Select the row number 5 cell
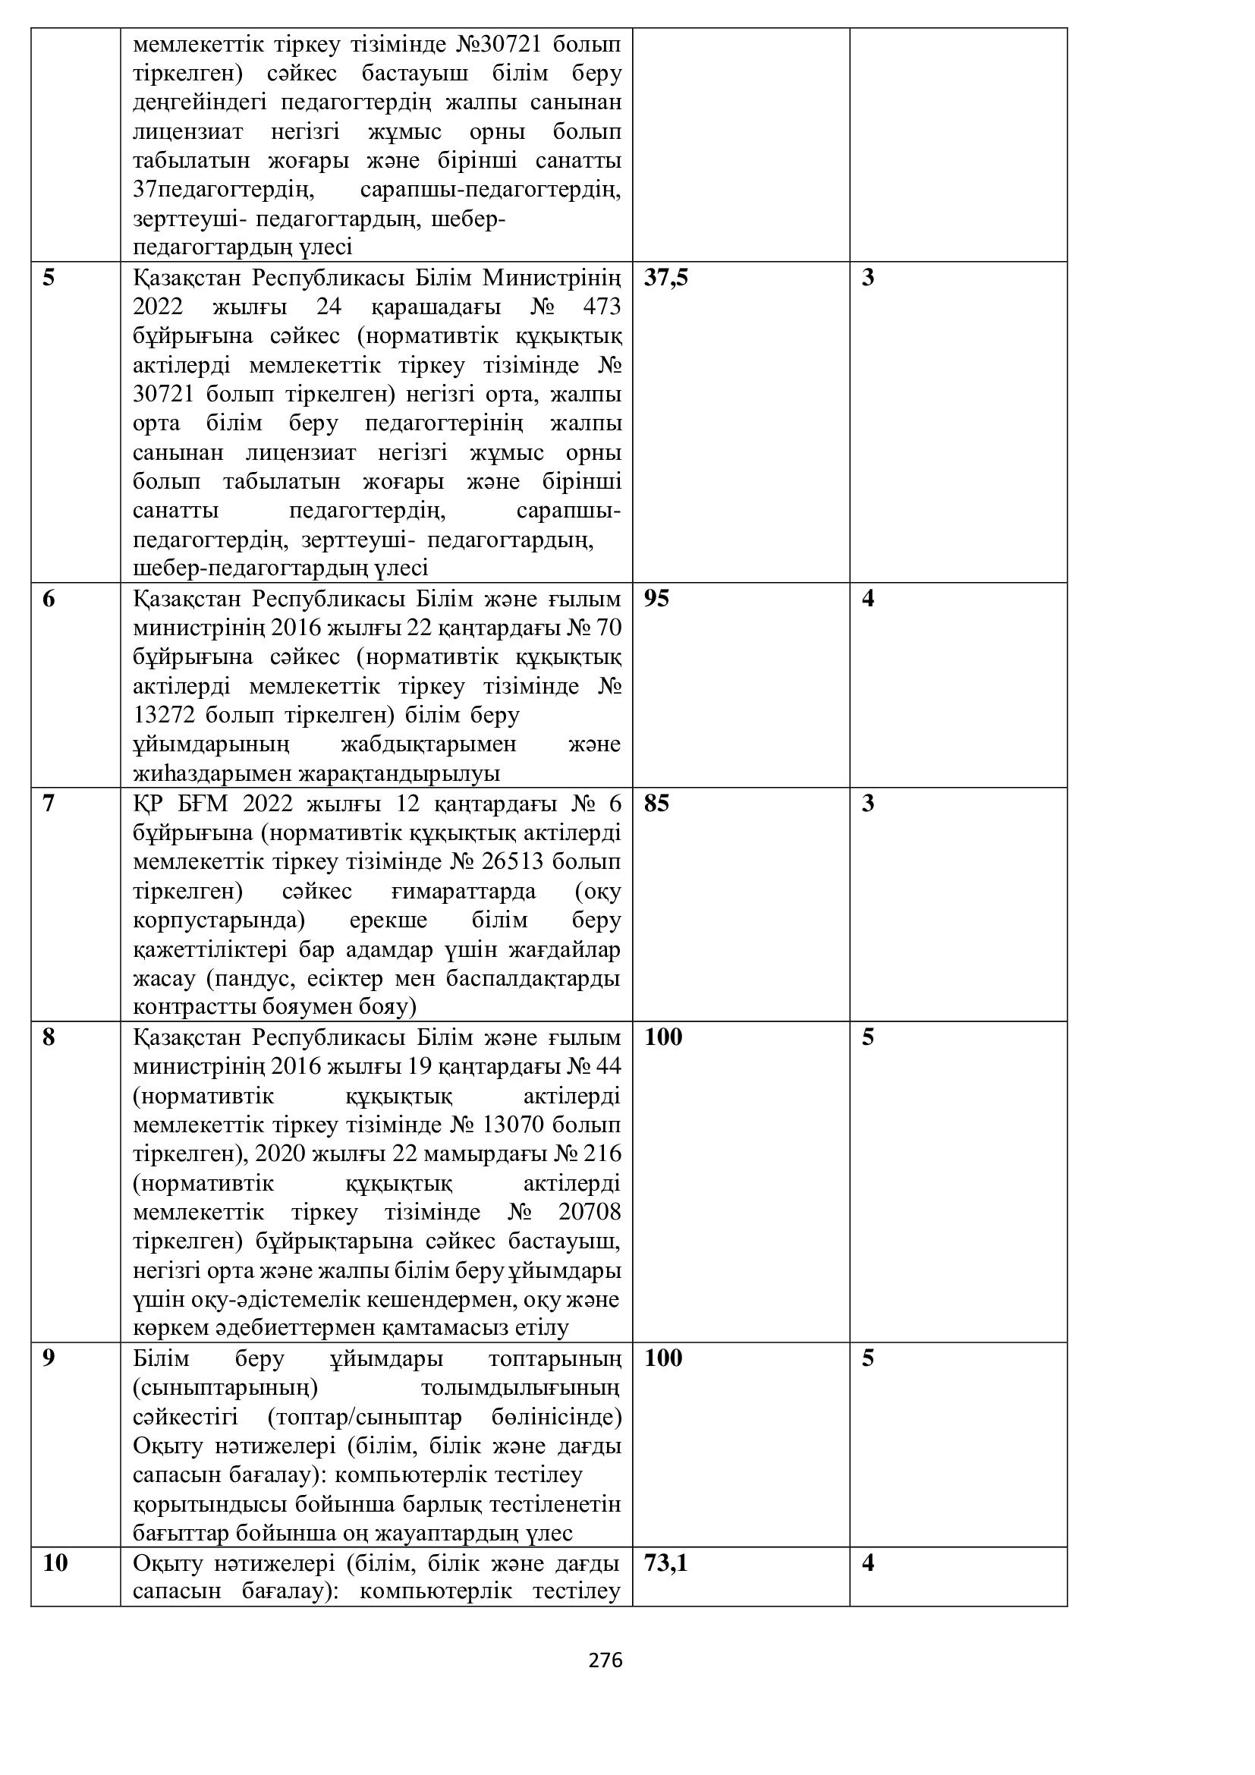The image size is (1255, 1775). tap(49, 278)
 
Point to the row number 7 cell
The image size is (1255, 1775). tap(49, 803)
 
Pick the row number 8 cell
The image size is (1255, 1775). tap(49, 1037)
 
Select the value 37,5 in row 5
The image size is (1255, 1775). tap(665, 278)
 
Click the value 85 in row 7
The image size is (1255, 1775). tap(656, 803)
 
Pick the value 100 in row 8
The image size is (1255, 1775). tap(663, 1037)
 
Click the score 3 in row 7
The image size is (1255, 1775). tap(868, 803)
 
